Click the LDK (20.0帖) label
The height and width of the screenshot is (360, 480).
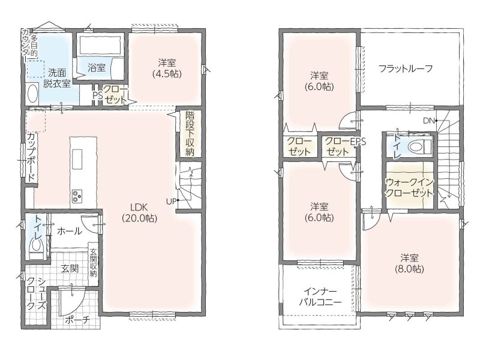coord(139,213)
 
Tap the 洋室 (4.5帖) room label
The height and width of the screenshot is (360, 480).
coord(167,68)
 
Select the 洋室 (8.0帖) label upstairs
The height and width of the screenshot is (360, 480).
coord(409,263)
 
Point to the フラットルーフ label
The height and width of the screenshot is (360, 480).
coord(406,68)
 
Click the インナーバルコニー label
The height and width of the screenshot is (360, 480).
coord(320,297)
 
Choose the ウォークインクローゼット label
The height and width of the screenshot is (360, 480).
coord(410,188)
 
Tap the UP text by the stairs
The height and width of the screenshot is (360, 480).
coord(172,201)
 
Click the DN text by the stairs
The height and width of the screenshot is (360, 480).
coord(430,121)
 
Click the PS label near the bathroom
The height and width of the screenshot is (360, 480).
coord(98,95)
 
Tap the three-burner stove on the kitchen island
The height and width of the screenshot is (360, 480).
coord(77,196)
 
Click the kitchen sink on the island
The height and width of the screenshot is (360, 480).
coord(77,159)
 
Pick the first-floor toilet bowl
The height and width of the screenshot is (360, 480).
coord(36,245)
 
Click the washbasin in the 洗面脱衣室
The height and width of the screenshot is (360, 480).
coord(32,94)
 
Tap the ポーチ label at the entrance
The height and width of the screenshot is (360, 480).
coord(77,320)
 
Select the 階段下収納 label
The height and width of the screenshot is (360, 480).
coord(190,134)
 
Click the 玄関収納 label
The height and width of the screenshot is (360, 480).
coord(93,262)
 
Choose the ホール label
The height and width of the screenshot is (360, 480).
coord(70,231)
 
